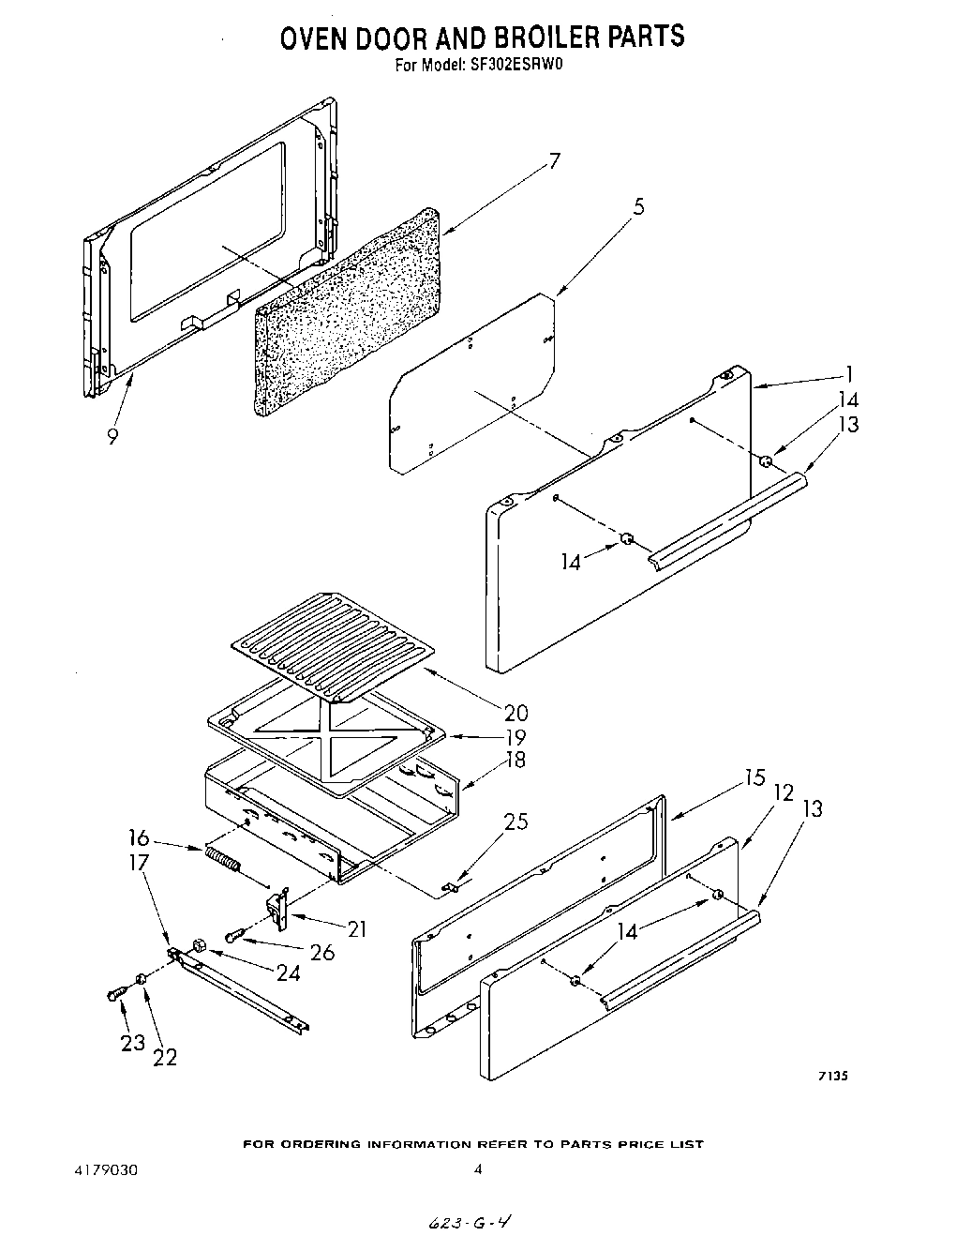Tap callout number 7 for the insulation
pyautogui.click(x=553, y=161)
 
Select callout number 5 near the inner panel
pyautogui.click(x=638, y=207)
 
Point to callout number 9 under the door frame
pyautogui.click(x=112, y=436)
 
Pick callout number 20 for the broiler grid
pyautogui.click(x=515, y=713)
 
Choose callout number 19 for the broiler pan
pyautogui.click(x=515, y=737)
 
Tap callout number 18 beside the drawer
pyautogui.click(x=515, y=761)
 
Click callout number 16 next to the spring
pyautogui.click(x=139, y=837)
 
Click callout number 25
pyautogui.click(x=515, y=822)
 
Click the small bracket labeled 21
pyautogui.click(x=277, y=908)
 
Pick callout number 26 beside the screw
pyautogui.click(x=321, y=952)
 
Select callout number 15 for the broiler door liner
pyautogui.click(x=754, y=777)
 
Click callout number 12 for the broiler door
pyautogui.click(x=784, y=793)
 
